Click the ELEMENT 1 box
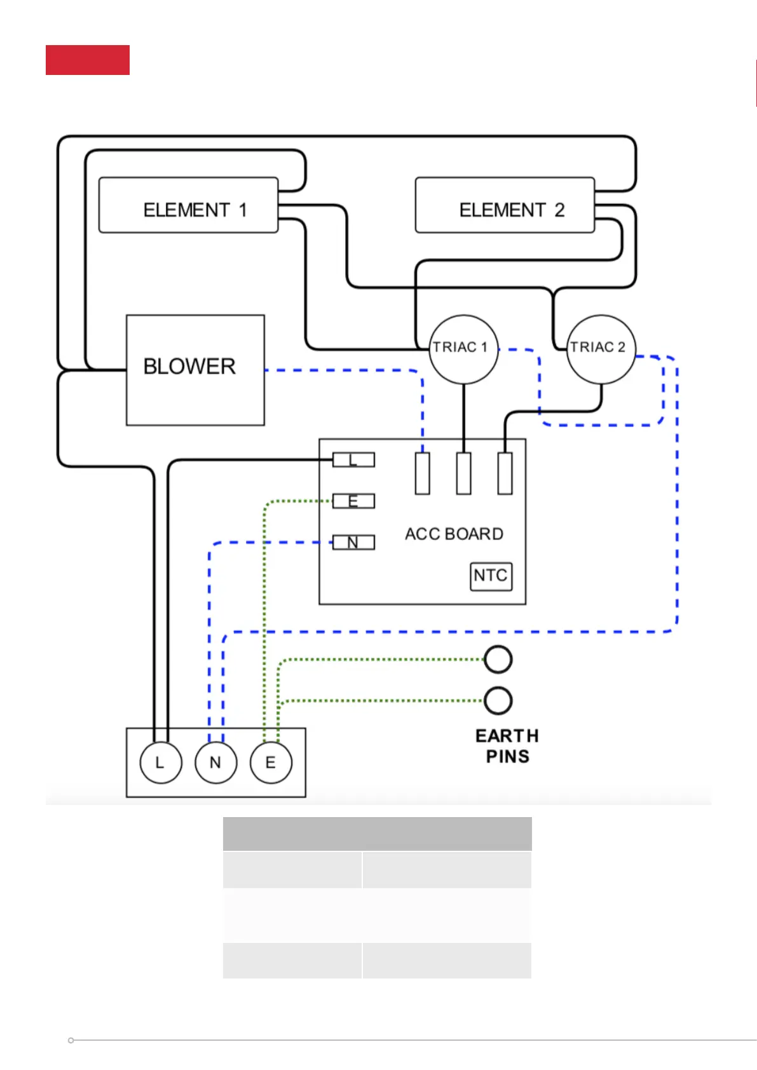tap(188, 205)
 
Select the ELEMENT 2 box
tap(505, 205)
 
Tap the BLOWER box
tap(195, 370)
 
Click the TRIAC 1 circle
tap(463, 349)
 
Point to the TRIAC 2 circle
tap(601, 349)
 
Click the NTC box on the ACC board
tap(491, 576)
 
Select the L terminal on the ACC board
tap(353, 459)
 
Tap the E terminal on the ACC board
tap(353, 501)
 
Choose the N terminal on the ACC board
tap(353, 542)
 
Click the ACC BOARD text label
tap(454, 534)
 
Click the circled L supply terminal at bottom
tap(160, 762)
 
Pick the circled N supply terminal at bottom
tap(215, 762)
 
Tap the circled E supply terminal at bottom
tap(271, 762)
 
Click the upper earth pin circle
tap(498, 660)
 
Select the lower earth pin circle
tap(498, 701)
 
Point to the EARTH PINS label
tap(507, 746)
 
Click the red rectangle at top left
tap(88, 60)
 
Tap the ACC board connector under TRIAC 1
tap(464, 473)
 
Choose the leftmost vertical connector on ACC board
tap(423, 473)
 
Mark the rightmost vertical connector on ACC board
tap(505, 473)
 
